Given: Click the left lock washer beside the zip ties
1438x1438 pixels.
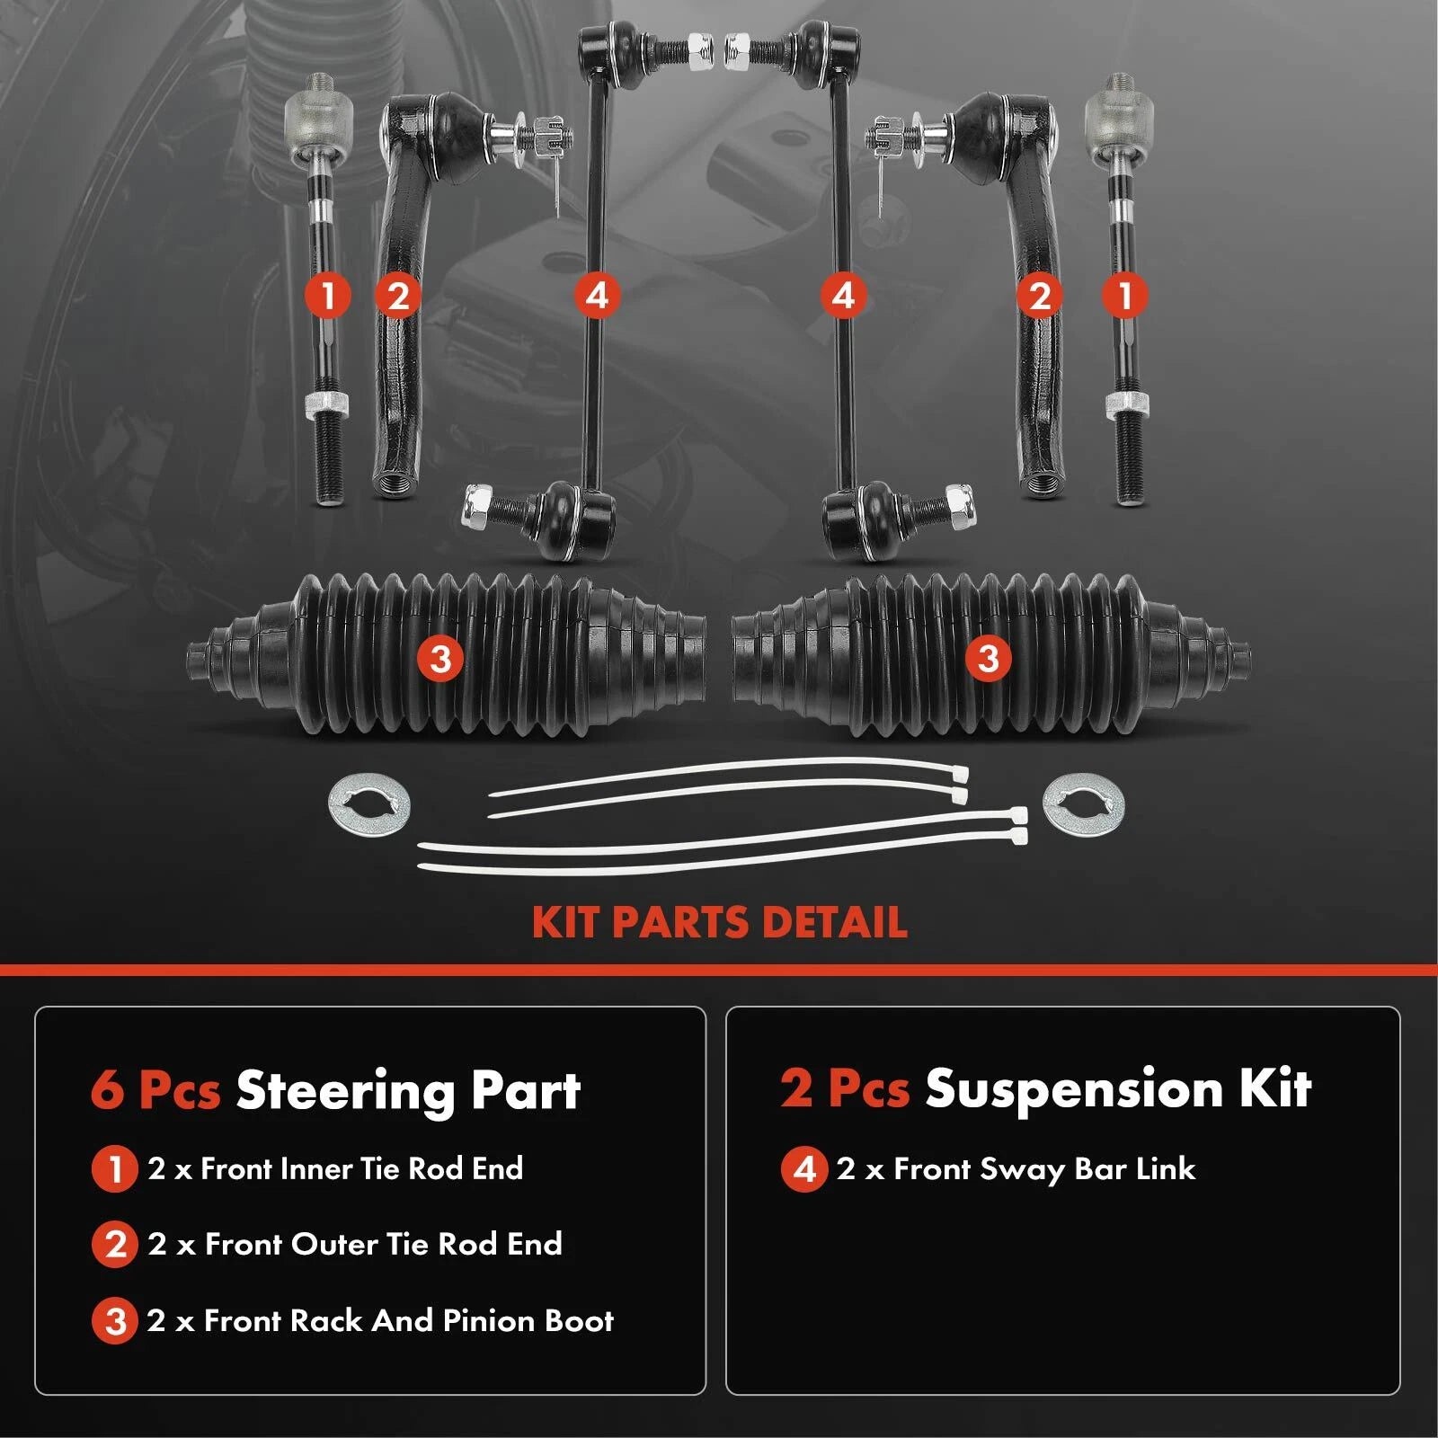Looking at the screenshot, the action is click(x=369, y=804).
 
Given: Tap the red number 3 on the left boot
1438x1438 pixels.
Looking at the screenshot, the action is click(x=440, y=659).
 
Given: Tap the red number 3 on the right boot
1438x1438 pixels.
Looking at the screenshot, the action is click(x=989, y=659).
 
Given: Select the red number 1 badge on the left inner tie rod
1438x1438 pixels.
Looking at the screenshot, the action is click(x=327, y=295).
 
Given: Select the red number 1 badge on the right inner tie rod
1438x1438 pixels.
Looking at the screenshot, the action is click(x=1125, y=295).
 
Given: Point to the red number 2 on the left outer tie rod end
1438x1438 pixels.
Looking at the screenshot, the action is click(x=398, y=295).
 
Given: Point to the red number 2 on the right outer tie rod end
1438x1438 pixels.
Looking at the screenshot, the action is click(x=1040, y=295).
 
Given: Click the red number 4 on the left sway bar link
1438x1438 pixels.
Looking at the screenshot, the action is click(x=597, y=295).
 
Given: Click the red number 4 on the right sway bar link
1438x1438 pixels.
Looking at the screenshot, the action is click(x=843, y=295).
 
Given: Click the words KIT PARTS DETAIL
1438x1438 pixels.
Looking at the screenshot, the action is click(x=719, y=923).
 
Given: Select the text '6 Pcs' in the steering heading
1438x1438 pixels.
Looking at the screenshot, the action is click(x=155, y=1090).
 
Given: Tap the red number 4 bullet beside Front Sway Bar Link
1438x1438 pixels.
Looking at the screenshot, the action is click(x=803, y=1169).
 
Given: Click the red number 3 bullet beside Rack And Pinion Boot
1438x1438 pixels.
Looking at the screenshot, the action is click(x=115, y=1321).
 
